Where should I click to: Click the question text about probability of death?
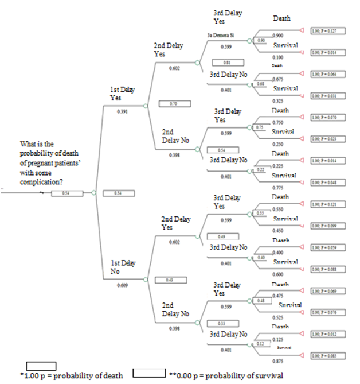(41, 163)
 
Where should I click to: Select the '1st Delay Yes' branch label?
(123, 94)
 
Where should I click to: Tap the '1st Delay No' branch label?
(123, 266)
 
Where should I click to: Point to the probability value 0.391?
(122, 111)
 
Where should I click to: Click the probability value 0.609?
(122, 285)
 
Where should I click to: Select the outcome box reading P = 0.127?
(327, 31)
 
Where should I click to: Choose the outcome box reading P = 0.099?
(327, 226)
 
